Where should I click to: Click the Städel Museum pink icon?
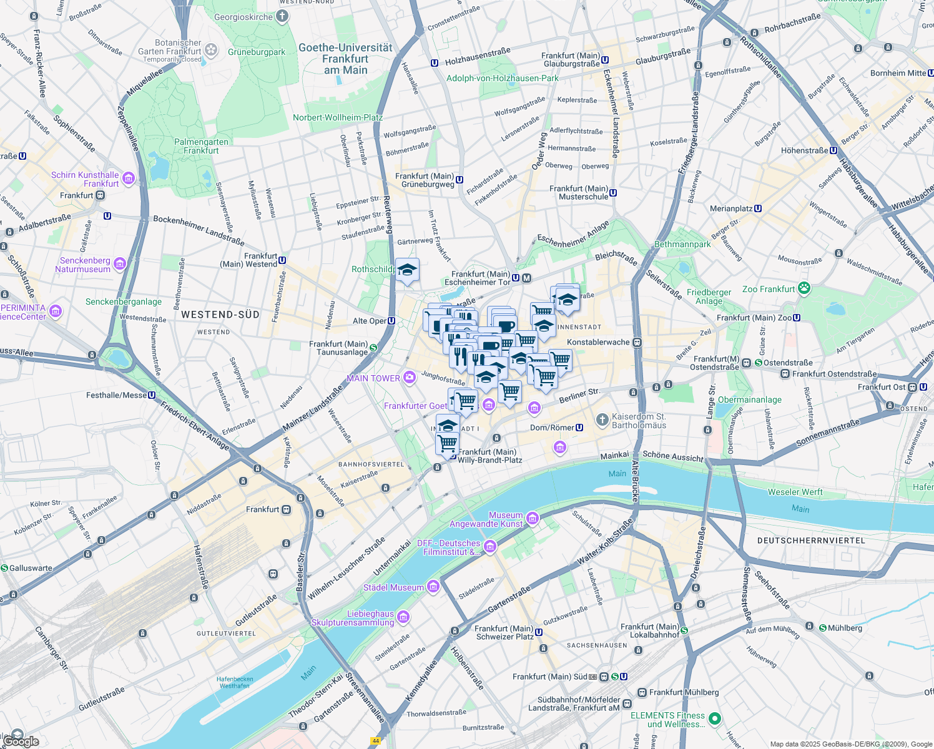(433, 587)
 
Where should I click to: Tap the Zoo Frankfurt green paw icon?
(804, 288)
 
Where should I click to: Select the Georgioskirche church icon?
(282, 17)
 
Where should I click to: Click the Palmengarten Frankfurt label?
(201, 146)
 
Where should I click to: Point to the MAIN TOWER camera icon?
(409, 377)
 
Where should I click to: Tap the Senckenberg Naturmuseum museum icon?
(120, 264)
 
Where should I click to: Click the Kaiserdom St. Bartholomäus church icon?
(602, 419)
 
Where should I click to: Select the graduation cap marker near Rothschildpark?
(407, 270)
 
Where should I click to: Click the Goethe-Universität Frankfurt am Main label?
(345, 59)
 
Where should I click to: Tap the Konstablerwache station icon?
(637, 342)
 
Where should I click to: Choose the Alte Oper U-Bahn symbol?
(391, 321)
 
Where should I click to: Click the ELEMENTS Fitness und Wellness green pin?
(715, 718)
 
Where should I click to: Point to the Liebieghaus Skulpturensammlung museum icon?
(403, 617)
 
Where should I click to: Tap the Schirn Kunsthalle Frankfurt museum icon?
(129, 179)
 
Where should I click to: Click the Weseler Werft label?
(795, 492)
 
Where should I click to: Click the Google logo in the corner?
(21, 741)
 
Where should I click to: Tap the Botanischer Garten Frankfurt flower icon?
(211, 49)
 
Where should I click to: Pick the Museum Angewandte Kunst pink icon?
(532, 518)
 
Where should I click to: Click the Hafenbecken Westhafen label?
(235, 682)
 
